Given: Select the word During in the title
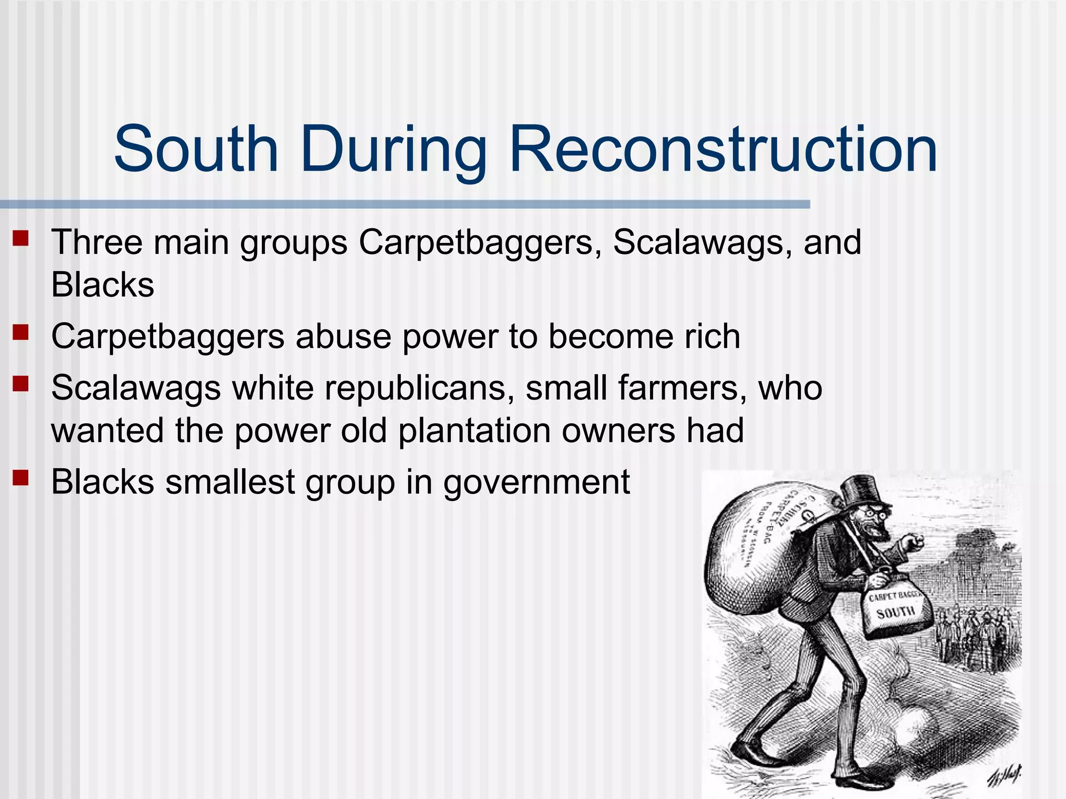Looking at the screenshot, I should pyautogui.click(x=394, y=151).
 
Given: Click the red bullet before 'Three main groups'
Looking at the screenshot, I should pyautogui.click(x=21, y=239).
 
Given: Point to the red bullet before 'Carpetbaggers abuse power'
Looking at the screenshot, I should pyautogui.click(x=21, y=332).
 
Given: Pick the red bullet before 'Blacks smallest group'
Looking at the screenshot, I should pyautogui.click(x=21, y=478).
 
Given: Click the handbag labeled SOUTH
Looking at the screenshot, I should pyautogui.click(x=896, y=612).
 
